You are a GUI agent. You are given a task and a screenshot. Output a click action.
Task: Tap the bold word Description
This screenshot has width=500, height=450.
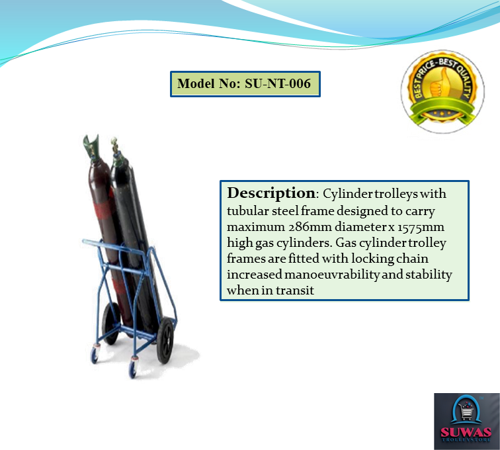pos(271,193)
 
